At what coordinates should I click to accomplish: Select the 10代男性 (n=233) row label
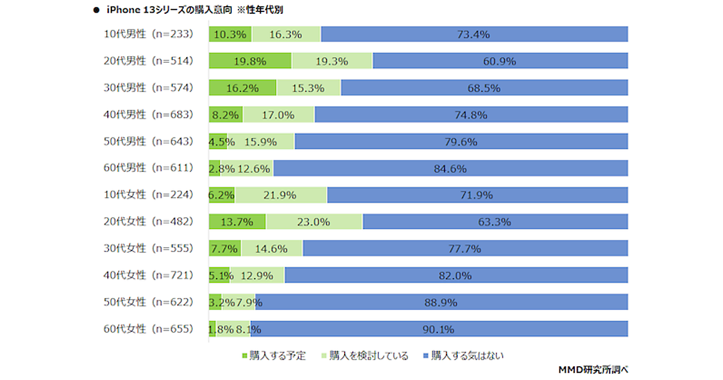coord(148,34)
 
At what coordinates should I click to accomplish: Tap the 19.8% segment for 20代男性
coord(250,61)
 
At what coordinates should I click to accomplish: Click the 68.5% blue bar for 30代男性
coord(484,88)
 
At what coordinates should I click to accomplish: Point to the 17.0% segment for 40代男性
coord(278,115)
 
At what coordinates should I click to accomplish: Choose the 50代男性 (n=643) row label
coord(148,141)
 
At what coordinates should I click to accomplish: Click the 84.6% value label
coord(450,168)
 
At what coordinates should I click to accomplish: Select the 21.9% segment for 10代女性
coord(281,195)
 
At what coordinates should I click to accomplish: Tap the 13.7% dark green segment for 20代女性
coord(237,221)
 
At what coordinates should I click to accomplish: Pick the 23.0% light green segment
coord(314,221)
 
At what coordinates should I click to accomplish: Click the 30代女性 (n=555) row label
coord(148,248)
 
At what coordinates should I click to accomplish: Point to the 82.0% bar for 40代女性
coord(456,275)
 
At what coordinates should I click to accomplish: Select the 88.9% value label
coord(441,302)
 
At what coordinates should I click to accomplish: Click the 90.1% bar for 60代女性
coord(438,329)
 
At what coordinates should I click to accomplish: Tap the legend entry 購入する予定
coord(278,356)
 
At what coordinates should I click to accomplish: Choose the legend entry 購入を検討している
coord(367,356)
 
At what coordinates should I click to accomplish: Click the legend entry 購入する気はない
coord(468,356)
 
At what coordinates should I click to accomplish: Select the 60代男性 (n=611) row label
coord(148,168)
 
